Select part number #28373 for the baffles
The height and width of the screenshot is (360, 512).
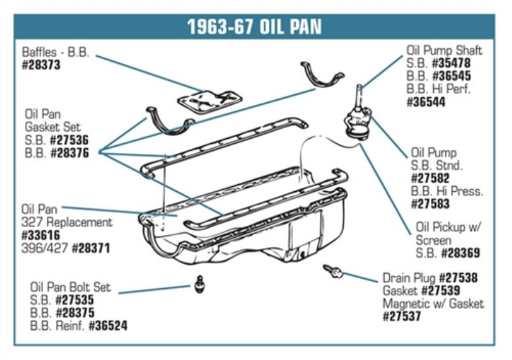coord(42,65)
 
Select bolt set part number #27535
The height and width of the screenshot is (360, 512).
coord(76,300)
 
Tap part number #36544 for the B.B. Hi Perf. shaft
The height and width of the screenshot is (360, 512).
coord(426,102)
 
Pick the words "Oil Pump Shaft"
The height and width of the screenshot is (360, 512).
coord(444,51)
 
